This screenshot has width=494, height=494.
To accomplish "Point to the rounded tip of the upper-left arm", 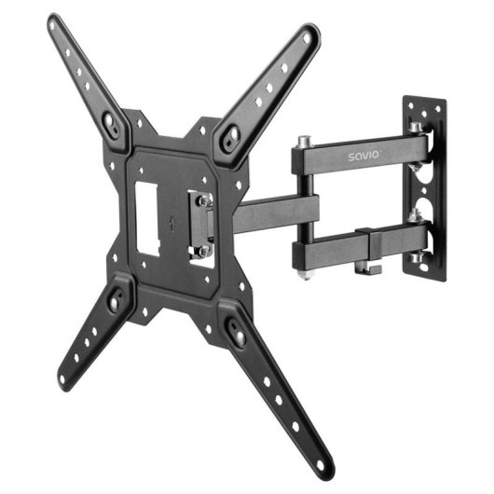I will pos(56,25).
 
